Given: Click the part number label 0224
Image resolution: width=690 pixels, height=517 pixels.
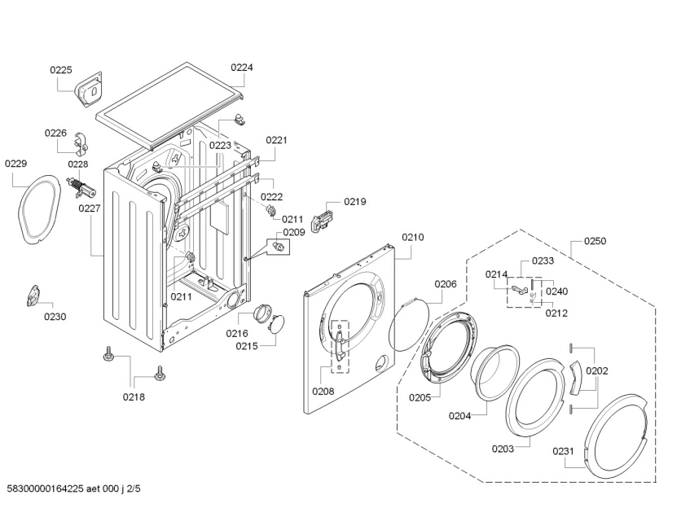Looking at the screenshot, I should point(241,68).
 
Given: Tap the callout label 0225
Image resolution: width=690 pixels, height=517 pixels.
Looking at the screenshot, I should point(61,71).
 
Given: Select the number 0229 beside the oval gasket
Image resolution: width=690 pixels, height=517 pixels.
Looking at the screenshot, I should point(16,164).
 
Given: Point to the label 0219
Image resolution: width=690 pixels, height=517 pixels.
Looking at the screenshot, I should point(354,202).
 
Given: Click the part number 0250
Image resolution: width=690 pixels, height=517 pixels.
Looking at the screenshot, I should point(595,242).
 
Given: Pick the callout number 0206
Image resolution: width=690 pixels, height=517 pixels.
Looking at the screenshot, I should point(445,284).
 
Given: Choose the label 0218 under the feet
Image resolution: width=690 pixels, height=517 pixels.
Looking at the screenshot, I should point(134,397).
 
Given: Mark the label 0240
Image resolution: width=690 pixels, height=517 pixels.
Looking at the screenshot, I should point(557,291).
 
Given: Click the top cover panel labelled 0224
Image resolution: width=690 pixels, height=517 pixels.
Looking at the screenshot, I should point(172,104).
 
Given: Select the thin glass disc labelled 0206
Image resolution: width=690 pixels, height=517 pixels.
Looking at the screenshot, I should point(411,326).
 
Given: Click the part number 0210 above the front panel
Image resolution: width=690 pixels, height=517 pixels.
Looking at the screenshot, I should point(413,238).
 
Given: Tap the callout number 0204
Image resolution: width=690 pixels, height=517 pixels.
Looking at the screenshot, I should point(459,416).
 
